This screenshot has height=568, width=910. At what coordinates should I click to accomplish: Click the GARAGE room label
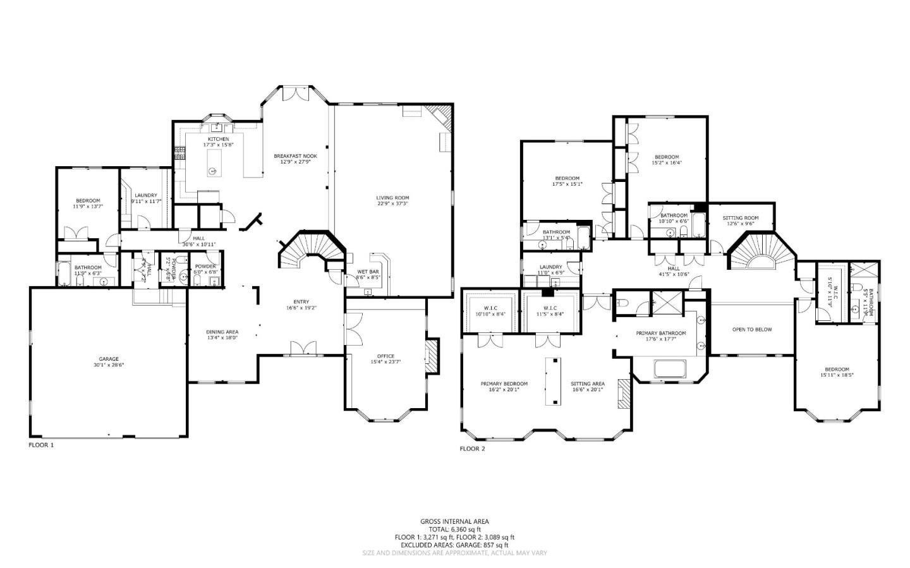point(108,359)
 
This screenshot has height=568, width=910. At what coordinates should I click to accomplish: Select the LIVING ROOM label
point(392,198)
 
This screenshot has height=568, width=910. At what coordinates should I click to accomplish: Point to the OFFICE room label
point(385,356)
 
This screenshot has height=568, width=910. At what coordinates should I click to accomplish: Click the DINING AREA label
point(222,332)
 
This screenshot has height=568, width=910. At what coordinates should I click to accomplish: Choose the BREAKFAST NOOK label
point(295,156)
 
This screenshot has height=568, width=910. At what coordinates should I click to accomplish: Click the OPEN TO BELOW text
point(751,329)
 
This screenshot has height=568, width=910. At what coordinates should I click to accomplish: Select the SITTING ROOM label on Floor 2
point(740,218)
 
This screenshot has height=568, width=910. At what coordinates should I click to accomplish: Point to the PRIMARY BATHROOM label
point(660,333)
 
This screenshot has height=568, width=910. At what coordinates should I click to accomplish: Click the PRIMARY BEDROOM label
point(504,384)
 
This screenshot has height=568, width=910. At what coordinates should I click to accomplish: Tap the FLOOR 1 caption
point(42,445)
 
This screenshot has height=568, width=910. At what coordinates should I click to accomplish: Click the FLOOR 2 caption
point(472,449)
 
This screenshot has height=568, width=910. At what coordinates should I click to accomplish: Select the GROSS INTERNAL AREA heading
point(454,521)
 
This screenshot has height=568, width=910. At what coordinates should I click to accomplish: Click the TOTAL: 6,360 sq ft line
point(454,529)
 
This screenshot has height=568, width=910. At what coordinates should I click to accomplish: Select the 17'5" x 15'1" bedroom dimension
point(567,184)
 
